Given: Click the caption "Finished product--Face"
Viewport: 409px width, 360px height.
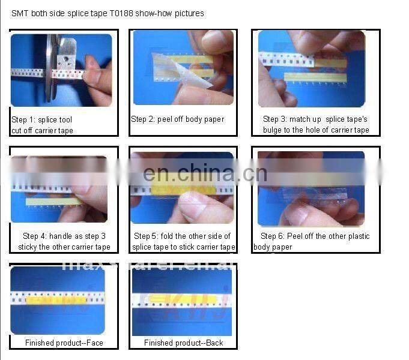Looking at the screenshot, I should pyautogui.click(x=64, y=343).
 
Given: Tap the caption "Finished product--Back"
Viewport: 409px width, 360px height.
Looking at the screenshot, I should pyautogui.click(x=183, y=343).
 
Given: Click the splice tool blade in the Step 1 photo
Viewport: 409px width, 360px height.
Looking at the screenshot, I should pyautogui.click(x=50, y=66).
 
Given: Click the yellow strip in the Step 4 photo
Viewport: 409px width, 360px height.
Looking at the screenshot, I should pyautogui.click(x=54, y=202).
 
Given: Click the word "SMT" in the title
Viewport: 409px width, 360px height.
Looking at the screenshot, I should pyautogui.click(x=20, y=13).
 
